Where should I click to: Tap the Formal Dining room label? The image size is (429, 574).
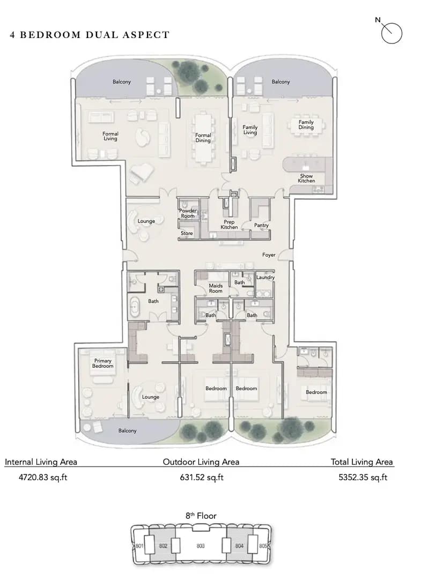coord(203,138)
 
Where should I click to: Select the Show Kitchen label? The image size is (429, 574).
coord(306,178)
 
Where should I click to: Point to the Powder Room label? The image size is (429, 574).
coord(188,213)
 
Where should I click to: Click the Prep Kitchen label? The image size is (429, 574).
coord(229,225)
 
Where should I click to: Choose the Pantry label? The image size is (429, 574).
coord(261,225)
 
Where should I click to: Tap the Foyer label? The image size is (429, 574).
coord(269,255)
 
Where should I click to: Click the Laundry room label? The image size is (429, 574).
coord(265,277)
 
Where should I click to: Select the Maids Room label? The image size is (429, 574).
coord(216,288)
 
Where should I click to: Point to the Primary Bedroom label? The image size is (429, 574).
coord(102,363)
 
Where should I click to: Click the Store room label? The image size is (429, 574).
coord(187,233)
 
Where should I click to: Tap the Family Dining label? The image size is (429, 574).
coord(306,124)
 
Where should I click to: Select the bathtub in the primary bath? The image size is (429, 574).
coord(135,307)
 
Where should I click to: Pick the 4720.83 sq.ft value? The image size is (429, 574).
coord(43,477)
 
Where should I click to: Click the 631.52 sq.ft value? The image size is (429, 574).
coord(202,477)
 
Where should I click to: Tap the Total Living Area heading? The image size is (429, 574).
coord(361,462)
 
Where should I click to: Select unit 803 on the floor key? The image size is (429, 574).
coord(201,546)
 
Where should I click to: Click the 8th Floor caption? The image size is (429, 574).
coord(201,516)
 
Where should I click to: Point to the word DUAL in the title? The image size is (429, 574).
coord(102,35)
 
